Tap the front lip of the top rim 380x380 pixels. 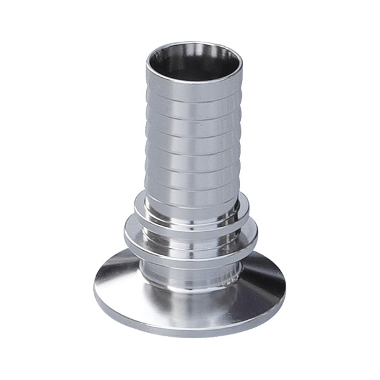click(x=195, y=80)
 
